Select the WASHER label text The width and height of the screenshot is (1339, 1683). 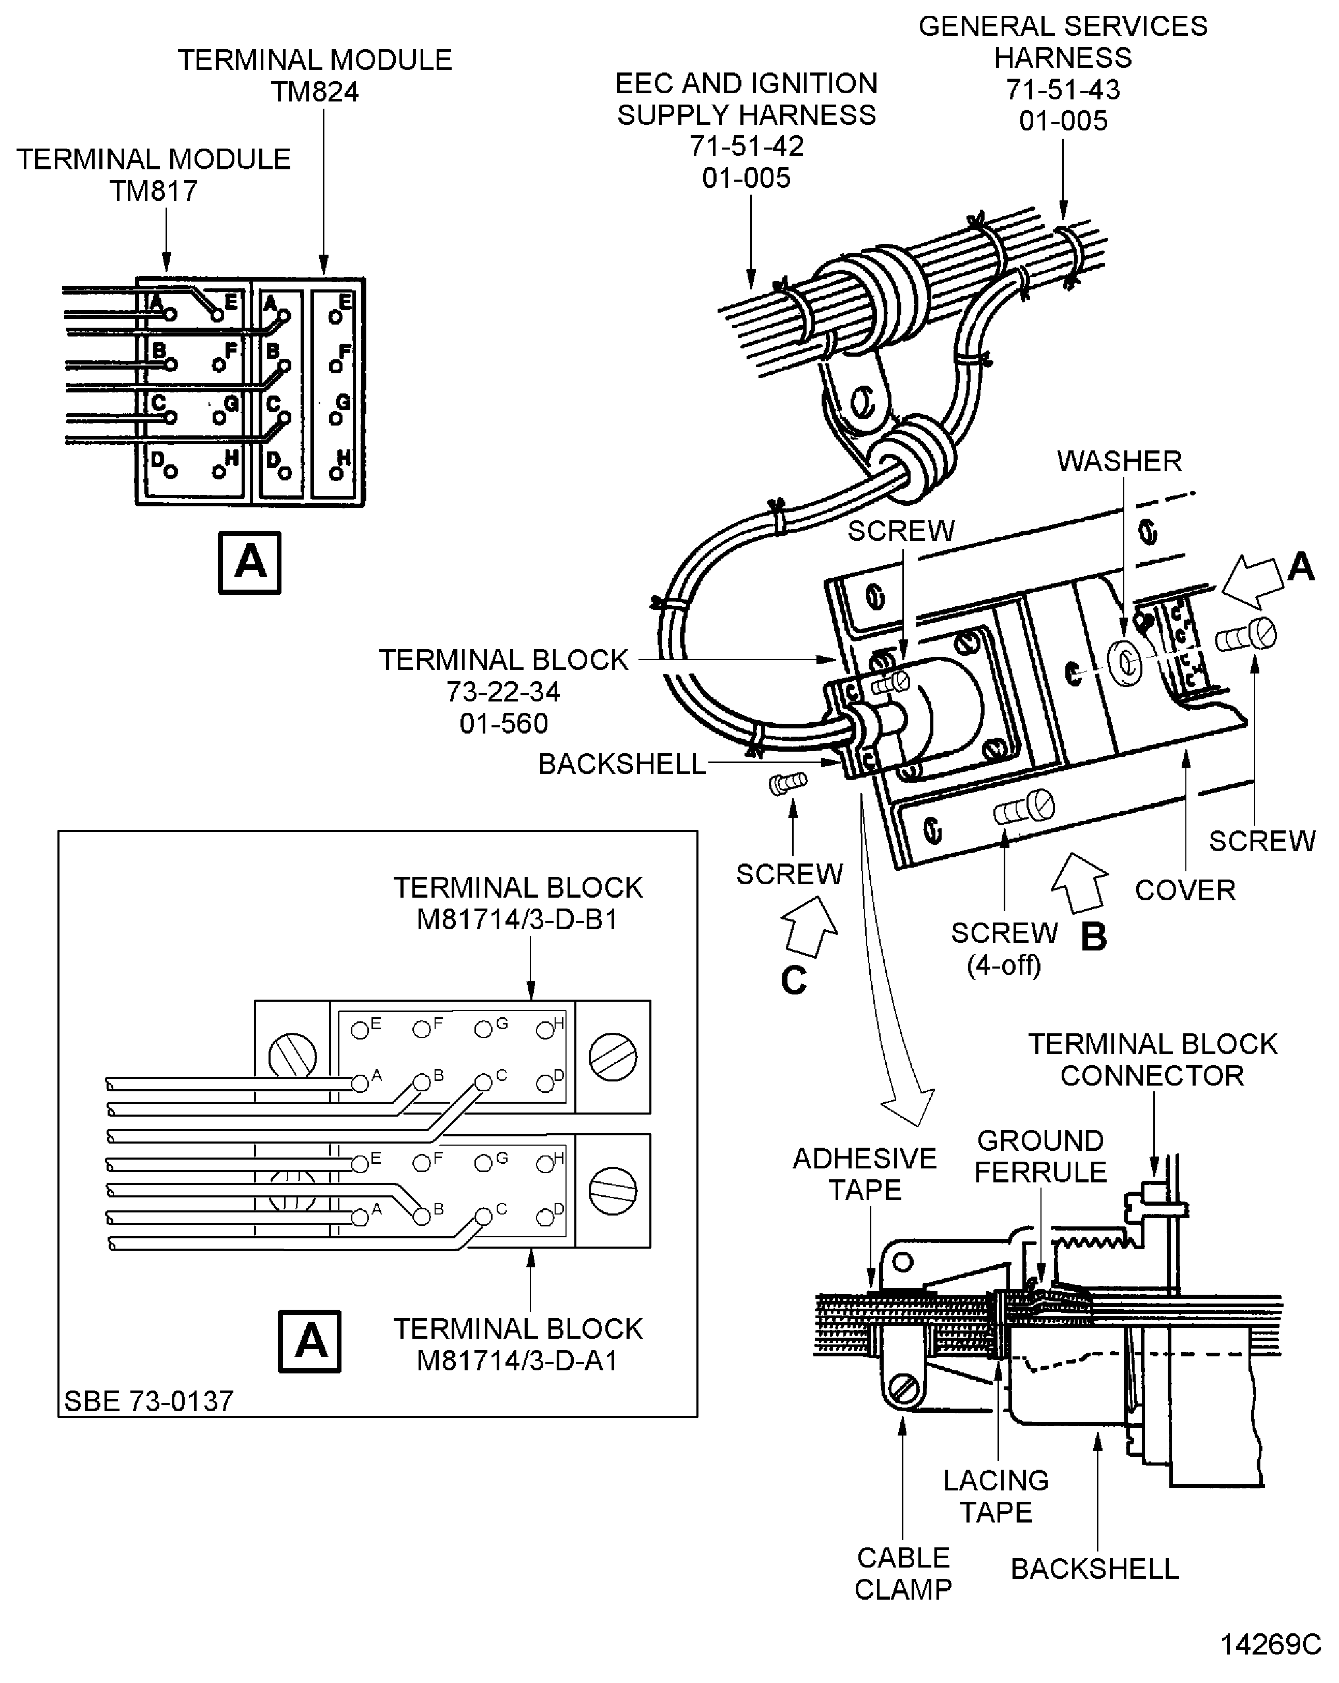tap(1119, 461)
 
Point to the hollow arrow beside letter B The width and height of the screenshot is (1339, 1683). tap(1080, 882)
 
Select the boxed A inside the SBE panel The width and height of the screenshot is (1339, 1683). tap(310, 1341)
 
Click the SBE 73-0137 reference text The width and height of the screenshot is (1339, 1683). tap(149, 1401)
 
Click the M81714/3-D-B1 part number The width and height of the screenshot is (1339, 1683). tap(517, 919)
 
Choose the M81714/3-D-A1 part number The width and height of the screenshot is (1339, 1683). tap(517, 1360)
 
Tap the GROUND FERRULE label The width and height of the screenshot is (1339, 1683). tap(1040, 1156)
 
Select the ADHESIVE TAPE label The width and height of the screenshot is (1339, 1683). tap(865, 1173)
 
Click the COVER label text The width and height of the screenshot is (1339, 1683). tap(1184, 890)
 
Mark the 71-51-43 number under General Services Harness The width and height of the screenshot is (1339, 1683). tap(1063, 90)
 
